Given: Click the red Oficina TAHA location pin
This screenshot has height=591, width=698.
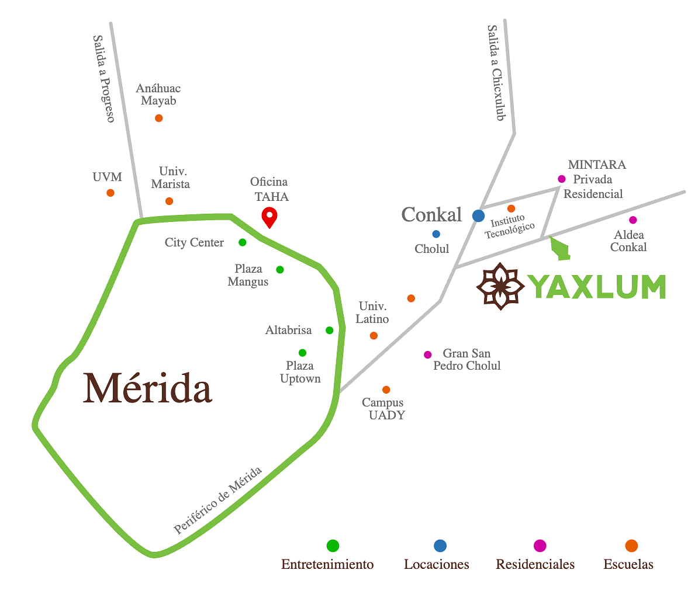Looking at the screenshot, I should (269, 217).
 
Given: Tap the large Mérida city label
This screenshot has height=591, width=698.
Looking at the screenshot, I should (148, 388).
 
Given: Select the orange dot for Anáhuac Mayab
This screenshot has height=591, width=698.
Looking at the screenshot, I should (158, 118).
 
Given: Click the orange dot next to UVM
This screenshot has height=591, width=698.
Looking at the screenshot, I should (110, 193).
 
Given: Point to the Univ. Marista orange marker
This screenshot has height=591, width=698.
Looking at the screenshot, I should (169, 201).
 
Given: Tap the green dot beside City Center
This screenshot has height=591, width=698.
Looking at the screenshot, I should (243, 242).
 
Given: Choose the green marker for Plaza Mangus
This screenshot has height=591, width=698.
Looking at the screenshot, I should (280, 270).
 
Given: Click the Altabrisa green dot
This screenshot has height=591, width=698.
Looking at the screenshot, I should (330, 331).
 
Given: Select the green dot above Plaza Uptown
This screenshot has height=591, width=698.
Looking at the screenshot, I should (302, 353).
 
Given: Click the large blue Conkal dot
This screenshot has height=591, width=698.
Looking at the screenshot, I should (478, 216).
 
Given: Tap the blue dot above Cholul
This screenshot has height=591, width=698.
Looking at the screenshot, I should (436, 234).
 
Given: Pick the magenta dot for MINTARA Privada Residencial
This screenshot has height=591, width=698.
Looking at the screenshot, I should (562, 179).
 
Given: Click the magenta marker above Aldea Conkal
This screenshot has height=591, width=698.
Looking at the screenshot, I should (633, 220).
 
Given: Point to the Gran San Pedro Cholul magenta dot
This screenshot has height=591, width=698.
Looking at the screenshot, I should (428, 354).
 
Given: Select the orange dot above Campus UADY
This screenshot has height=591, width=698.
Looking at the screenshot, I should (386, 390).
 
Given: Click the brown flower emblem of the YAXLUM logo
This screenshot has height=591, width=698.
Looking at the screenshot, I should (500, 286).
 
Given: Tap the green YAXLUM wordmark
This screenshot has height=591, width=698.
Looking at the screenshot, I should (597, 286).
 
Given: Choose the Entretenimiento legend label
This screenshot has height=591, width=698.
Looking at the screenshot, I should (327, 565).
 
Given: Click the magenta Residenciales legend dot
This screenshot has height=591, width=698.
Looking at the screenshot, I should (540, 546).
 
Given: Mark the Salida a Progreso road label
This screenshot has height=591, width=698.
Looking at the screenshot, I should (103, 78).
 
